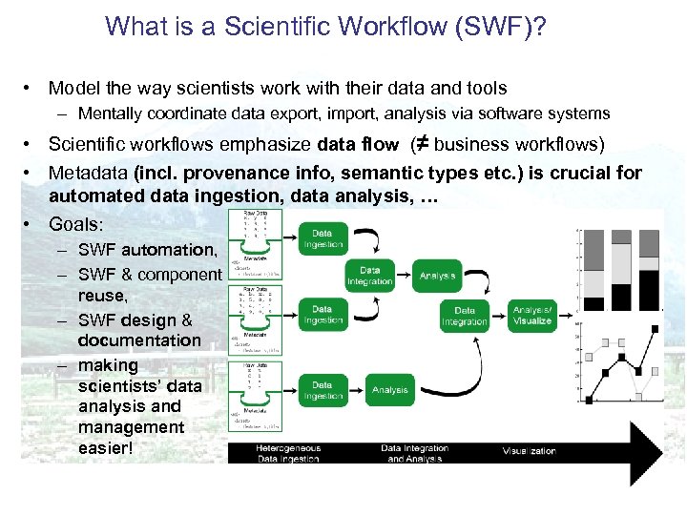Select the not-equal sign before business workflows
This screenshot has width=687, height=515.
pos(417,145)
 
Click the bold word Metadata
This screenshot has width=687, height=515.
pos(88,174)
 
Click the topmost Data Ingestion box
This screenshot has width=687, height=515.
pos(323,238)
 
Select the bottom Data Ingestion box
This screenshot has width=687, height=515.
pos(323,390)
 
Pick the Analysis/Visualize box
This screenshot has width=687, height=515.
pos(531,316)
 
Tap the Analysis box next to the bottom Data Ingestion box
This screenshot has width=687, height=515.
pos(390,390)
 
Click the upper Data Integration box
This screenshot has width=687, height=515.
pos(369,276)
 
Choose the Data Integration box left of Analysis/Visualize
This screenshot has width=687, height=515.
pos(464,316)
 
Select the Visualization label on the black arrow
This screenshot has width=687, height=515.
pos(529,451)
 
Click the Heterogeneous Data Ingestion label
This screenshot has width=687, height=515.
pos(288,453)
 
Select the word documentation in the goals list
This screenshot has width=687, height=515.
pos(139,340)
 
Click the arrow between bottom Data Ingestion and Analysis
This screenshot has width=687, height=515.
pos(356,390)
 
